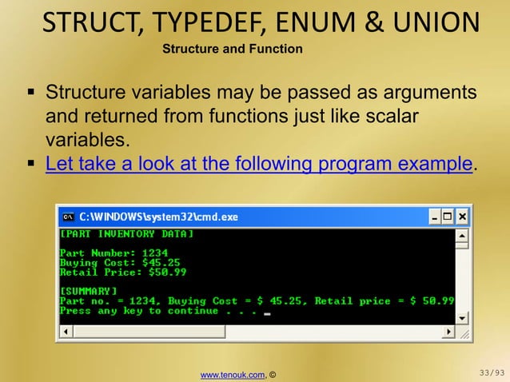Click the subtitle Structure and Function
[x=233, y=50]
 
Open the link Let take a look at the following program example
[x=259, y=165]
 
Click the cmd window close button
[x=463, y=217]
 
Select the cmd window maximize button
[x=448, y=217]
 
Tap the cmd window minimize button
[x=434, y=217]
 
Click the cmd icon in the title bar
[x=69, y=217]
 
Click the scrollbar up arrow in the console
[x=462, y=236]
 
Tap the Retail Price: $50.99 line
[x=123, y=272]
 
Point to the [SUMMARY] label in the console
[x=89, y=291]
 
